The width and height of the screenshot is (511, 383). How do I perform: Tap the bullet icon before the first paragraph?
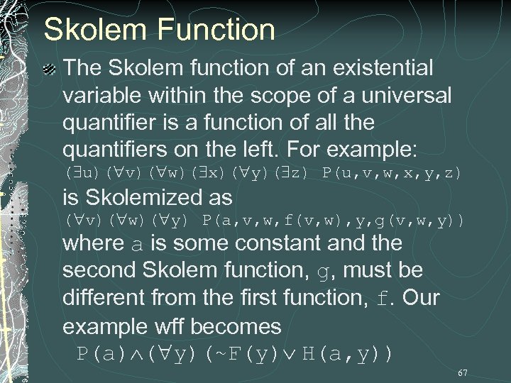click(49, 69)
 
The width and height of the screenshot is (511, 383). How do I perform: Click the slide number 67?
click(463, 372)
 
